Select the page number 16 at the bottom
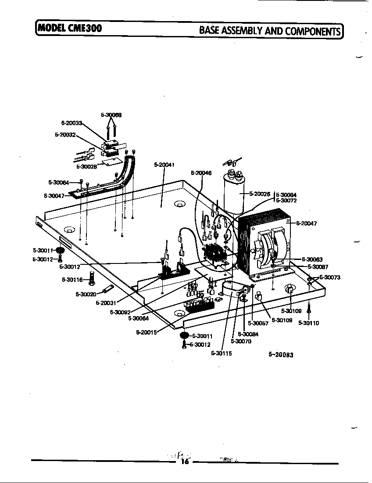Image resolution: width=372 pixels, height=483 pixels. [x=184, y=461]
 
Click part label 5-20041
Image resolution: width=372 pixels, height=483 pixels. [x=165, y=165]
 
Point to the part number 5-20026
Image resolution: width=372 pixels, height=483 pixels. [x=260, y=194]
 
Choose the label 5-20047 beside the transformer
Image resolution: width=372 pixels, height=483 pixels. [x=307, y=223]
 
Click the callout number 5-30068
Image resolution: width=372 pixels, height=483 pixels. [x=111, y=115]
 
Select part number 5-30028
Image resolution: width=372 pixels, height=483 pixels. [x=86, y=166]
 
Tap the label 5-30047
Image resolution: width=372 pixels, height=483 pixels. [x=54, y=196]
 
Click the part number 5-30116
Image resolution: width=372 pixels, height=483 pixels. [x=72, y=279]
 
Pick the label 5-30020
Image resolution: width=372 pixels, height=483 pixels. [x=86, y=294]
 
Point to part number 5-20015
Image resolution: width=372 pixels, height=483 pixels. [x=147, y=332]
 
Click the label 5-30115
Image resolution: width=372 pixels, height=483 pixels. [x=221, y=353]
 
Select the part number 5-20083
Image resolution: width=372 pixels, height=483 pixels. [x=281, y=355]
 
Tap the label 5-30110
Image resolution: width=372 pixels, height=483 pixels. [x=309, y=323]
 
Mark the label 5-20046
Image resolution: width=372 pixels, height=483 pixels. [x=201, y=173]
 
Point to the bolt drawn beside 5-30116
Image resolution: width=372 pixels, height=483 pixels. [x=92, y=278]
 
